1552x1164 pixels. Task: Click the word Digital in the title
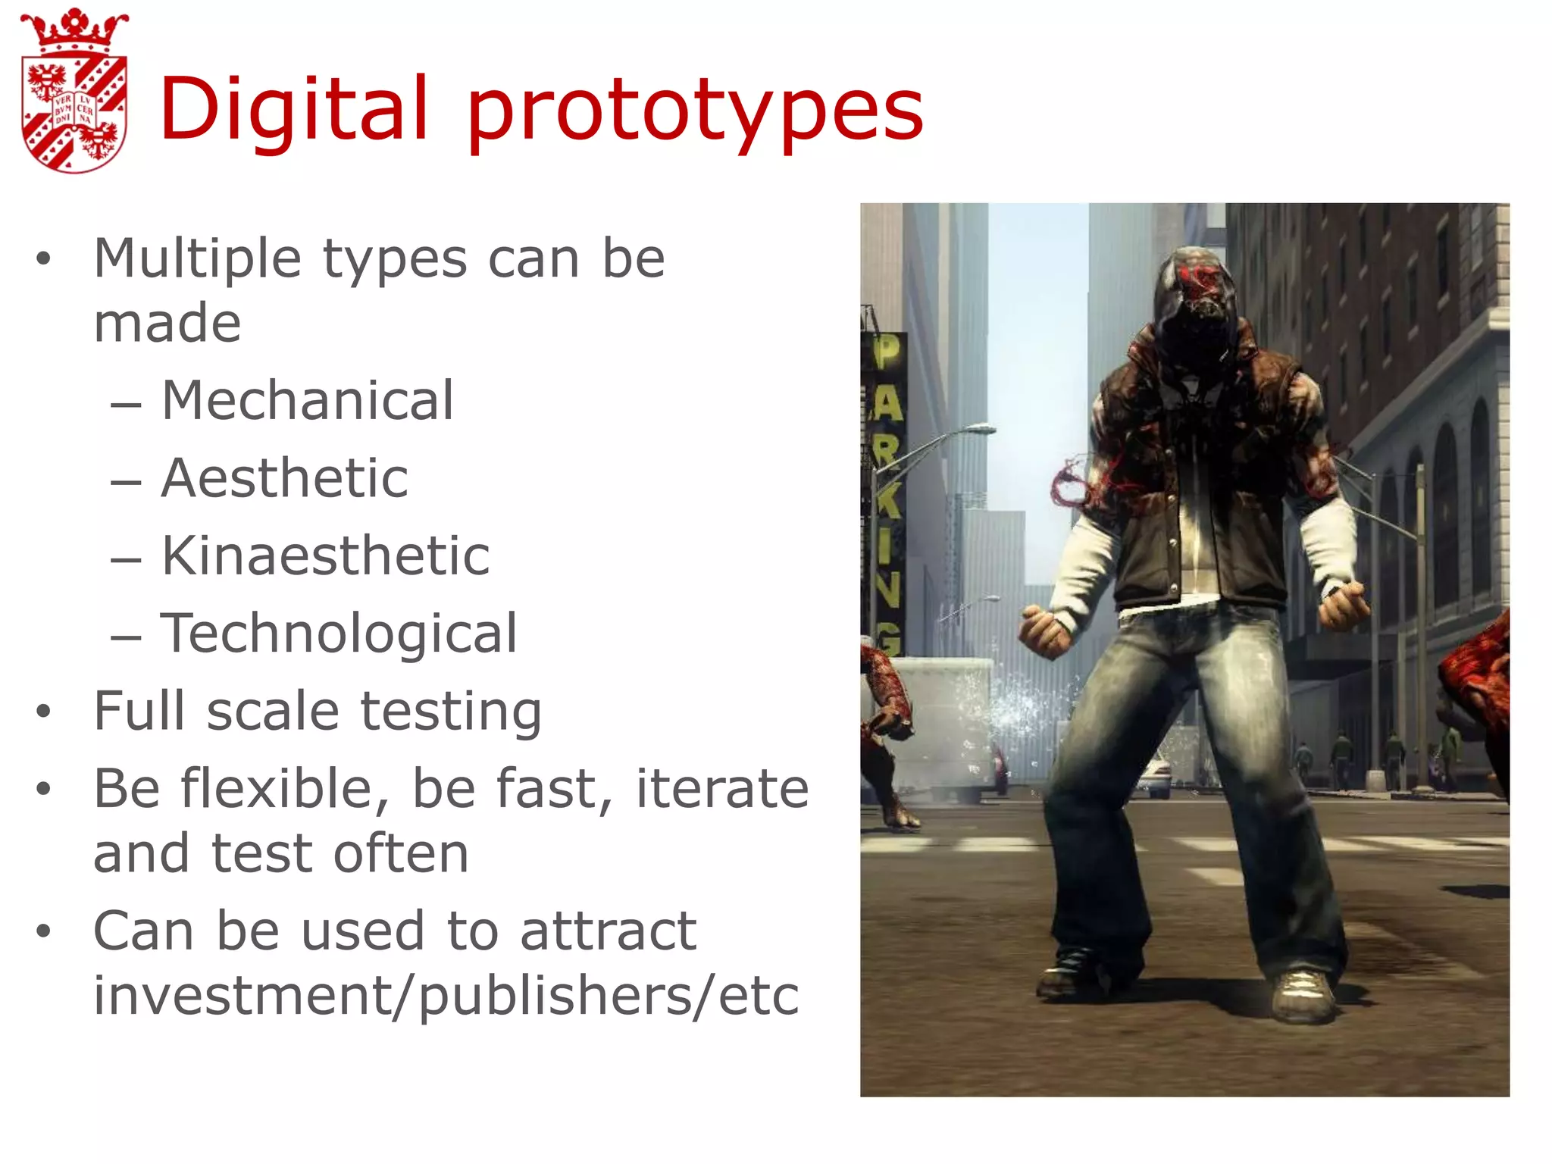pyautogui.click(x=294, y=110)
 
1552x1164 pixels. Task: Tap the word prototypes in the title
pyautogui.click(x=695, y=114)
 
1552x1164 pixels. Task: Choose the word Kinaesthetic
pyautogui.click(x=325, y=555)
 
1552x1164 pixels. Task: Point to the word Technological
pyautogui.click(x=339, y=633)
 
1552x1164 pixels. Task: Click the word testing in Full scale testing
pyautogui.click(x=451, y=712)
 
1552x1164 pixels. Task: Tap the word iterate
pyautogui.click(x=721, y=789)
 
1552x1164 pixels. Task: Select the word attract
pyautogui.click(x=608, y=931)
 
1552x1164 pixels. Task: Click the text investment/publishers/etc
pyautogui.click(x=446, y=995)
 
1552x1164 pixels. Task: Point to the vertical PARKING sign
pyautogui.click(x=884, y=493)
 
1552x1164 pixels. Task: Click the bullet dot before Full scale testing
pyautogui.click(x=43, y=712)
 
